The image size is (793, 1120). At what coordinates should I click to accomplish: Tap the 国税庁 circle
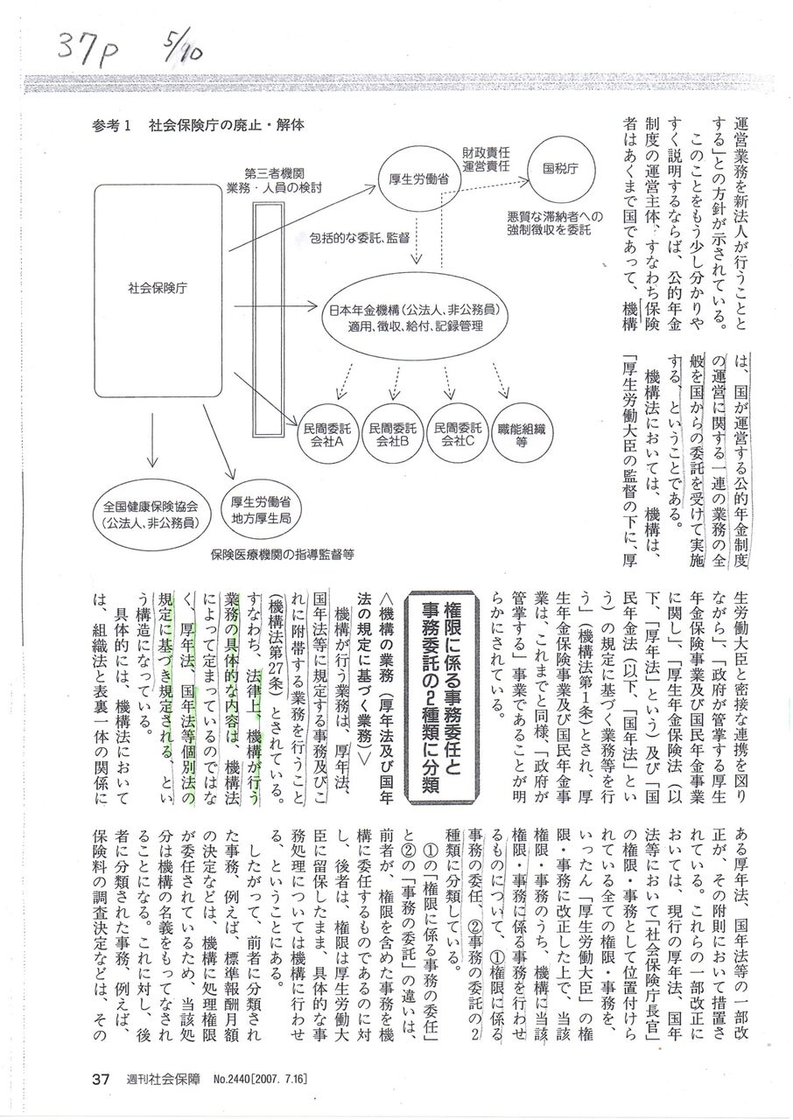[x=558, y=167]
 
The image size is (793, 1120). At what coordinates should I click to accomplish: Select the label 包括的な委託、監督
[x=358, y=235]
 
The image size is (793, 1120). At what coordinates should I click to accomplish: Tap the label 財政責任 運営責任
[x=486, y=158]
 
